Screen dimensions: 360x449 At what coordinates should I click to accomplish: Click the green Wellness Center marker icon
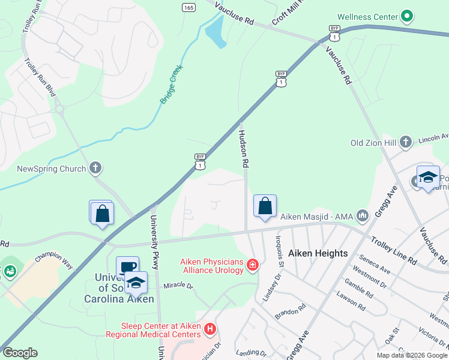pyautogui.click(x=408, y=16)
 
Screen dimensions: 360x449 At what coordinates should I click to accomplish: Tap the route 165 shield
pyautogui.click(x=188, y=7)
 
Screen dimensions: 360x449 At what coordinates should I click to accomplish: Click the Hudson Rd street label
pyautogui.click(x=244, y=148)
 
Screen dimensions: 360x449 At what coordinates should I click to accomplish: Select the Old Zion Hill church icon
pyautogui.click(x=406, y=142)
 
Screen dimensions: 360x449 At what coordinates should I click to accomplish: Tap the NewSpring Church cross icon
pyautogui.click(x=95, y=169)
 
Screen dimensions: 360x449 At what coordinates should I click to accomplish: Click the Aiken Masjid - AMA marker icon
pyautogui.click(x=362, y=214)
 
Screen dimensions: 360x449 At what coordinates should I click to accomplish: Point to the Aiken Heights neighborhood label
pyautogui.click(x=318, y=253)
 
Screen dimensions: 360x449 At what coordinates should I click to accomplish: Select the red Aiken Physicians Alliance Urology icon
pyautogui.click(x=253, y=264)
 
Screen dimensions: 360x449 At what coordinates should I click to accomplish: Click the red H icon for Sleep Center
pyautogui.click(x=209, y=328)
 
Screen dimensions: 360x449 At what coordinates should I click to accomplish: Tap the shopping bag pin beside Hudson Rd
pyautogui.click(x=265, y=206)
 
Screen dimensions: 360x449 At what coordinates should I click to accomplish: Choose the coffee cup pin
pyautogui.click(x=127, y=268)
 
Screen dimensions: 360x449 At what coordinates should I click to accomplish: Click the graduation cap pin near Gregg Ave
pyautogui.click(x=428, y=177)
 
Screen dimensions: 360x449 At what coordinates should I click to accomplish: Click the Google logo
pyautogui.click(x=20, y=353)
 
